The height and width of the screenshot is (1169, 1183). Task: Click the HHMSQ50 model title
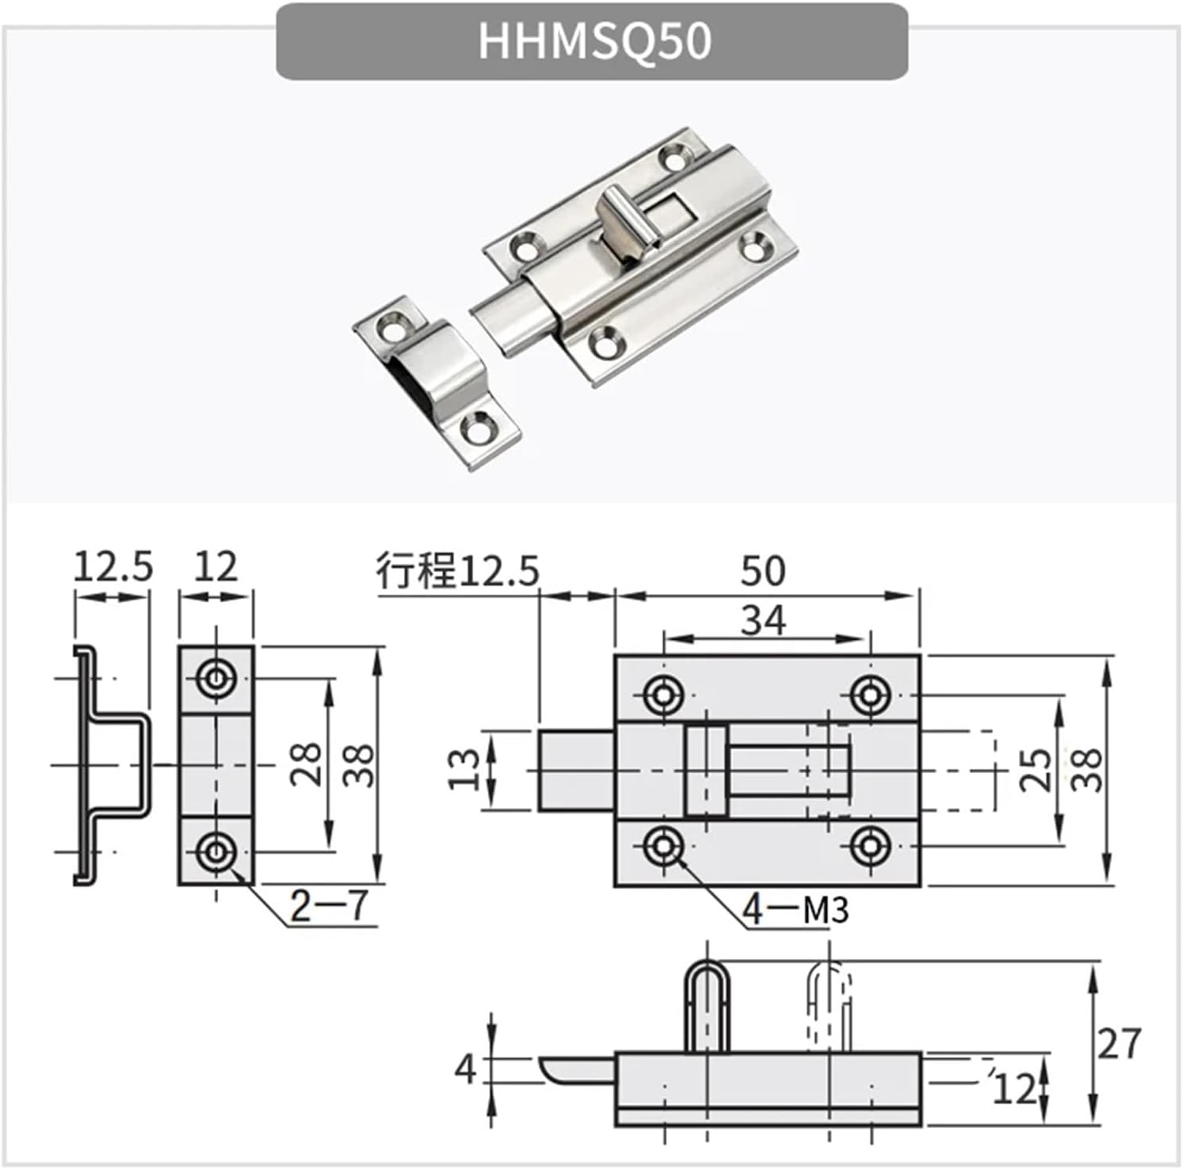pos(593,41)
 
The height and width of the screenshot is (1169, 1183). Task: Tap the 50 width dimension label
pos(763,571)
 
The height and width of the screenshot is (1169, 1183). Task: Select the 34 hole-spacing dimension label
pos(763,621)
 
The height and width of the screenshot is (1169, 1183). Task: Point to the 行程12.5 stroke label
pos(457,571)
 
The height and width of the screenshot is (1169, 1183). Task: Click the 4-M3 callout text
pos(795,910)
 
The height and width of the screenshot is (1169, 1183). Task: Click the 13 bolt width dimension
pos(465,771)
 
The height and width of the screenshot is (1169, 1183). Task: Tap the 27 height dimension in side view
pos(1119,1044)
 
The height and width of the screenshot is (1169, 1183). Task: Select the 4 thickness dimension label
pos(465,1069)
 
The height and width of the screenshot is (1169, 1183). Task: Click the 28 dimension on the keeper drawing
pos(306,764)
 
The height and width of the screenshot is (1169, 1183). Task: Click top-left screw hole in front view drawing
pos(663,695)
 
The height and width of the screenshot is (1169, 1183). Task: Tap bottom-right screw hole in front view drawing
pos(869,847)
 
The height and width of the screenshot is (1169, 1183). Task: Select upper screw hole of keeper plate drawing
pos(216,679)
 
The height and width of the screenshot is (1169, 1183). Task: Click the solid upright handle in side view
pos(706,1006)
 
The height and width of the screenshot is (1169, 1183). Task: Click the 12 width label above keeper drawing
pos(216,567)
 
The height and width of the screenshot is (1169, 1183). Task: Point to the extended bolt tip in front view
pos(575,771)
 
